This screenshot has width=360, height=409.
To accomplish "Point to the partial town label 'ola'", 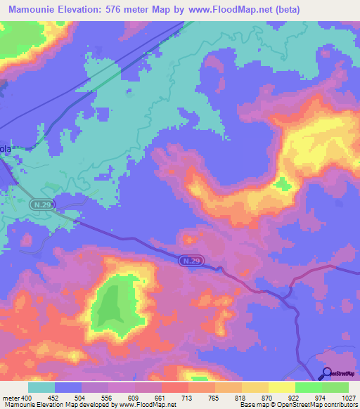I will point(6,149).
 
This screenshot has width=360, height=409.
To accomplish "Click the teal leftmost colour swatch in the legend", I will point(41,387).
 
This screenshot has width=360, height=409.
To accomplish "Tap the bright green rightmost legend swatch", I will point(335,387).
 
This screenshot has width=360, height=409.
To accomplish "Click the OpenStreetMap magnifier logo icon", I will point(326,372).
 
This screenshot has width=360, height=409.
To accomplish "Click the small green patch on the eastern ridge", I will point(283,184).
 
